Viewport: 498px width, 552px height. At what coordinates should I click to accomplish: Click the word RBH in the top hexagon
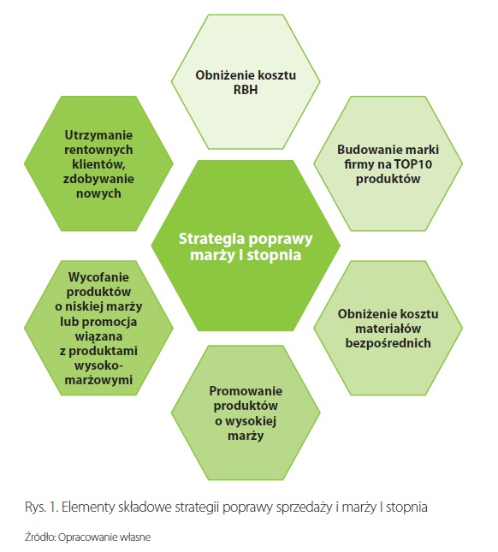coord(246,90)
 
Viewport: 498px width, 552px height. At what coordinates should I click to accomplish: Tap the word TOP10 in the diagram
coord(412,164)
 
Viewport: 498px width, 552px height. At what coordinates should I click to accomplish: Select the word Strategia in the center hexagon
coord(212,240)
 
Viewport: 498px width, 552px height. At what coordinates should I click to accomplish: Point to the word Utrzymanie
coord(98,135)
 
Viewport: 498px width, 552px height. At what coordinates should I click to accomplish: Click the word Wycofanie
coord(98,277)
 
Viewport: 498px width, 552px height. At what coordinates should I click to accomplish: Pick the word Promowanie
coord(246,391)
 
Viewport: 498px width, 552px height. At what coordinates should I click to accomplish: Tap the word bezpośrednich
coord(388,343)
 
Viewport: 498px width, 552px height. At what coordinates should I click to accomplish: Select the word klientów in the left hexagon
coord(98,164)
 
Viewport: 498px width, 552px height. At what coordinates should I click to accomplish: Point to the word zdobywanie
coord(98,179)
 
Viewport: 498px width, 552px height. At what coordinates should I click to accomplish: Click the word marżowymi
coord(98,380)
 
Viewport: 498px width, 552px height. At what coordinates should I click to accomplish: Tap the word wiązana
coord(98,336)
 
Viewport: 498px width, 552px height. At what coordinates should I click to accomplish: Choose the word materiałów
coord(388,329)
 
